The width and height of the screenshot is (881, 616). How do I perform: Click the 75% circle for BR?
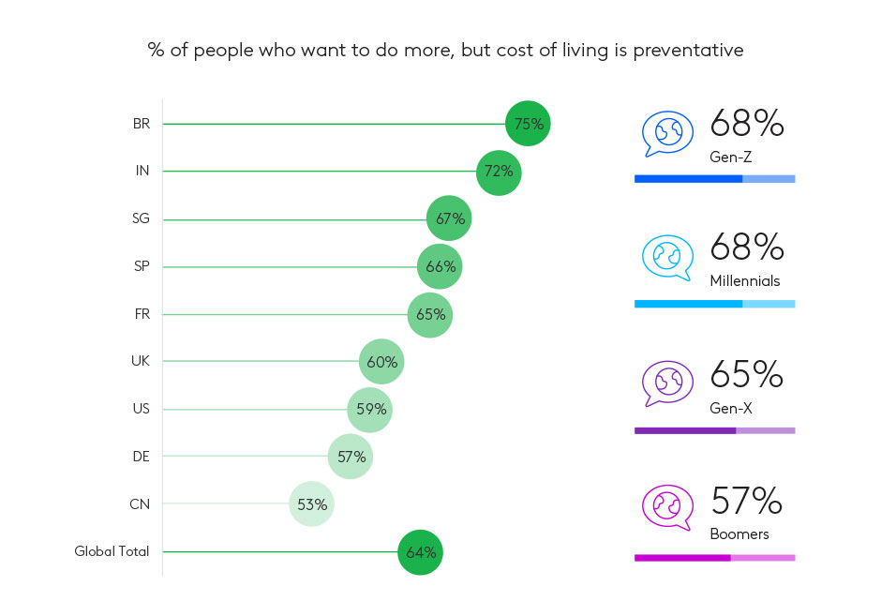click(x=528, y=124)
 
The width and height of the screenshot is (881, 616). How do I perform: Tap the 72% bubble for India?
click(x=499, y=172)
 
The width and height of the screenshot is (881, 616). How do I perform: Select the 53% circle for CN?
click(x=311, y=504)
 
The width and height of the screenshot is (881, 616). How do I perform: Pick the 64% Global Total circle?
click(x=420, y=552)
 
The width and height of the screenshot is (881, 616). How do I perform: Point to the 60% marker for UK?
click(x=381, y=362)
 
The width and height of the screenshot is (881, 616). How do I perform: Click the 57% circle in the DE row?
click(x=351, y=457)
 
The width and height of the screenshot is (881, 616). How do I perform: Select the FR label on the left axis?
click(x=142, y=314)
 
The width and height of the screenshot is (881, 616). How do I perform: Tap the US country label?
click(x=142, y=409)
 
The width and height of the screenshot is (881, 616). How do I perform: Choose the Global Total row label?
click(x=112, y=552)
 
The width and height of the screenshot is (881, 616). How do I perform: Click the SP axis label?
click(x=142, y=266)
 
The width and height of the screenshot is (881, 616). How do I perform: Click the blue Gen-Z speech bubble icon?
click(x=667, y=133)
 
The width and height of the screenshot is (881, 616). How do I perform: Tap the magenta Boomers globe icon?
click(x=667, y=507)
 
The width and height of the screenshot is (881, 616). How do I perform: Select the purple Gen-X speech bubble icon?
click(x=667, y=382)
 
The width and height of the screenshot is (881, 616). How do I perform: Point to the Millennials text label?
click(x=745, y=281)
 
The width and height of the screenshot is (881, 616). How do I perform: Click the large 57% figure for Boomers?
click(x=746, y=502)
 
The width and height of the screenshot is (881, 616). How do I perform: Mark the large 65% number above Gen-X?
click(x=746, y=374)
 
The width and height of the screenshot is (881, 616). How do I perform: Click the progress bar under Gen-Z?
click(x=714, y=178)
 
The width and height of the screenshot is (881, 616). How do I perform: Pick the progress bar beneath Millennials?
click(x=714, y=304)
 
